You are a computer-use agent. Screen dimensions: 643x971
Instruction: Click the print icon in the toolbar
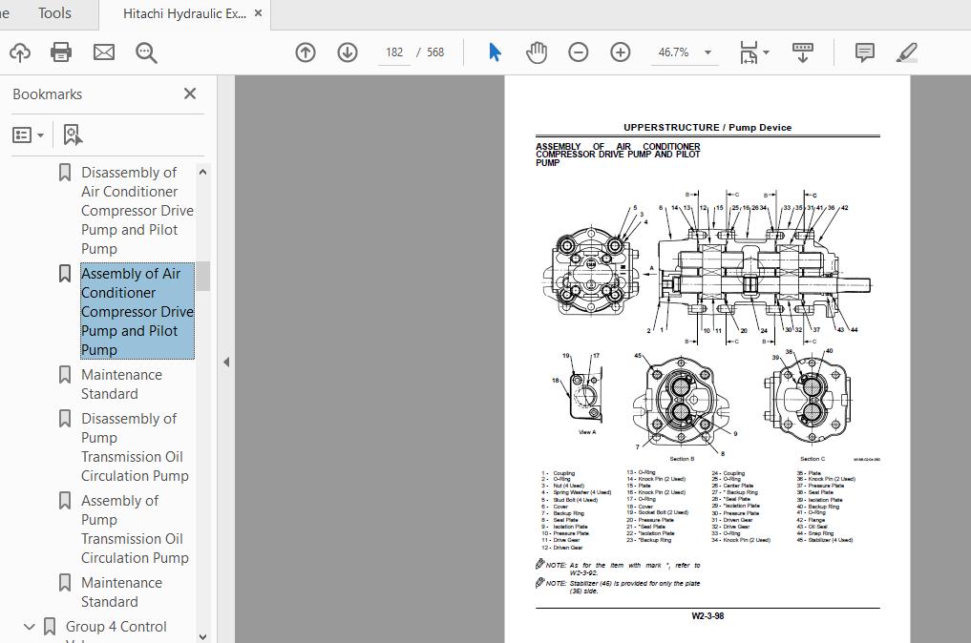(x=61, y=52)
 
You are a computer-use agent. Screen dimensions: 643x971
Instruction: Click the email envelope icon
(x=104, y=52)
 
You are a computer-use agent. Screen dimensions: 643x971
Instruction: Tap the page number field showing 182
(x=394, y=52)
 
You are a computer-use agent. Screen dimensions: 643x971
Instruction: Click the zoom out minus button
(x=578, y=52)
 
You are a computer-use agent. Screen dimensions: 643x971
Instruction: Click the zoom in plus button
(x=621, y=52)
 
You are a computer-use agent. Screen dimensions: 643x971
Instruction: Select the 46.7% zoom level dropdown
(x=685, y=52)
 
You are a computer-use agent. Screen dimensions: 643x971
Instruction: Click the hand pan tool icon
(x=537, y=52)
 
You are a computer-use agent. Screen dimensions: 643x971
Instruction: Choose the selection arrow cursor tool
(x=495, y=52)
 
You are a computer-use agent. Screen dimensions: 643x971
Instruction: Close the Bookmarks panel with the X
(x=190, y=93)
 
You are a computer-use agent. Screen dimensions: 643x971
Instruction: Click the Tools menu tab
(x=54, y=13)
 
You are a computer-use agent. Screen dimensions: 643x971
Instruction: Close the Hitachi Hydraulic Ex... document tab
(x=258, y=13)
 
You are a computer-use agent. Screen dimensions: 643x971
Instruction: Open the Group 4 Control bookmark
(x=116, y=627)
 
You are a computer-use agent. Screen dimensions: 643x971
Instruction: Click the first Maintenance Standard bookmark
(x=121, y=384)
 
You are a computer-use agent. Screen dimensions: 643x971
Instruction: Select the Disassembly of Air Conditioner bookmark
(x=137, y=211)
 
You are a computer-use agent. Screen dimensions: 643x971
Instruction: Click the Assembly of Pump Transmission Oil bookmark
(x=135, y=529)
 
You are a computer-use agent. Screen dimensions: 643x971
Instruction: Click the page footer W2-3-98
(x=707, y=616)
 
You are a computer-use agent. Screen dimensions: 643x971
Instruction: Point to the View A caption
(x=587, y=432)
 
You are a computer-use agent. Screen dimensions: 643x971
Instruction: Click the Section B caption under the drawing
(x=682, y=459)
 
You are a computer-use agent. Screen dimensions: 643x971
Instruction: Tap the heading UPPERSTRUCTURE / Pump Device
(x=707, y=128)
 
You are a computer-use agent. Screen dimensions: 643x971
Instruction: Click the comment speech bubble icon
(x=865, y=52)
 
